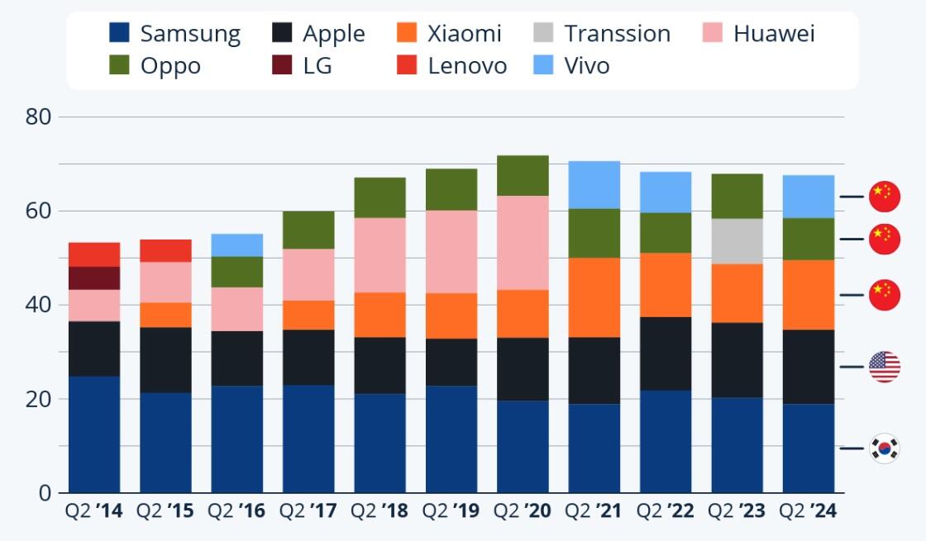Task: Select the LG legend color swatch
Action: coord(284,65)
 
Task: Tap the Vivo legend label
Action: coord(587,65)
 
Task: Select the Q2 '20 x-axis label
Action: coord(523,511)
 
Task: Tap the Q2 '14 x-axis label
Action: coord(94,511)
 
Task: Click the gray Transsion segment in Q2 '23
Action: coord(737,241)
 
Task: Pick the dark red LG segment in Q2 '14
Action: coord(94,278)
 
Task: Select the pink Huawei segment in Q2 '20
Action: coord(523,242)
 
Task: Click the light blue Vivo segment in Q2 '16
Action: coord(237,245)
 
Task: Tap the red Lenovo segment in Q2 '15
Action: coord(165,250)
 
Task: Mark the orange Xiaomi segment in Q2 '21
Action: coord(594,297)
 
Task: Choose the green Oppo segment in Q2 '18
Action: coord(379,197)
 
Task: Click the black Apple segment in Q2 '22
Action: coord(666,354)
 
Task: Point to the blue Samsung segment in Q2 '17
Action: coord(308,439)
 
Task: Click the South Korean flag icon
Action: coord(884,448)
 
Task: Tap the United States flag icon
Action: coord(884,367)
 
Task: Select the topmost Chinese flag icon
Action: coord(884,197)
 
